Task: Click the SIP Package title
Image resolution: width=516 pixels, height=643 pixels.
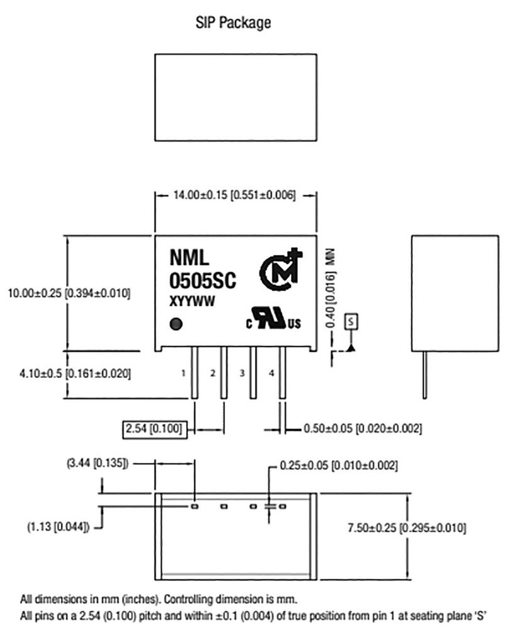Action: point(234,23)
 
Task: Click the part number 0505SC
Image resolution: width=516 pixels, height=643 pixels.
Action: point(202,281)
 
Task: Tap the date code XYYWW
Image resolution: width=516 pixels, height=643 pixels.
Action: point(192,303)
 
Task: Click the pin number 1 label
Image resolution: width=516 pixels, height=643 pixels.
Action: point(183,374)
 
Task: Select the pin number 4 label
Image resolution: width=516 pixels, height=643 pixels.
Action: point(272,374)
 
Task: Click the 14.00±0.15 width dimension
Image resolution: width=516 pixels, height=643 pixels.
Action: point(234,195)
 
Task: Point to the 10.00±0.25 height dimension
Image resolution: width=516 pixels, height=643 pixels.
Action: point(68,293)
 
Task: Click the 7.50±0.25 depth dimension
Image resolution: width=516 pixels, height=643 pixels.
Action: point(407,529)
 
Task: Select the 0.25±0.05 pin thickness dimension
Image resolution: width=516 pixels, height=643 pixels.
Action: point(339,466)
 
